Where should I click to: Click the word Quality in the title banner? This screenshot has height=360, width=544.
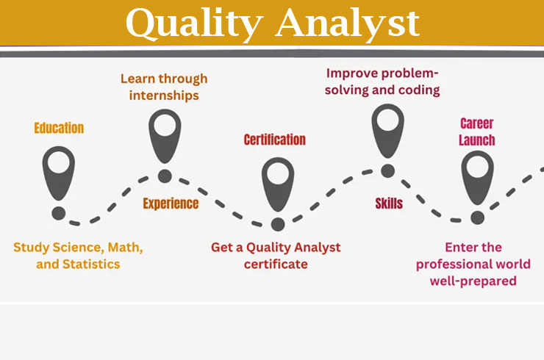tap(194, 24)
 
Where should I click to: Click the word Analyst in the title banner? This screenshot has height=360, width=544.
tap(348, 24)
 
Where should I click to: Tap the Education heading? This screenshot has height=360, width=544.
tap(59, 128)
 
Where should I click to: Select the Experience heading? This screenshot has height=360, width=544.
tap(171, 204)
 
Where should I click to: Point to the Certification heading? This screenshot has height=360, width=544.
tap(275, 140)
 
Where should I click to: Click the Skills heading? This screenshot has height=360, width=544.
tap(389, 204)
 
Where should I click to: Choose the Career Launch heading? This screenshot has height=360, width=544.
tap(477, 132)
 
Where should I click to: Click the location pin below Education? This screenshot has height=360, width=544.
tap(59, 173)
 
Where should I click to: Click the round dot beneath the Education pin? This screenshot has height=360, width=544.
tap(59, 213)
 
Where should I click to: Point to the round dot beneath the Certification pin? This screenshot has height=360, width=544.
tap(278, 224)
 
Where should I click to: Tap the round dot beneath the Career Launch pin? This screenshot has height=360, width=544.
tap(477, 217)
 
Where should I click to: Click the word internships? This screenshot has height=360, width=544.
tap(164, 96)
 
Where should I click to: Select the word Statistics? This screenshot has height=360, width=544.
tap(91, 264)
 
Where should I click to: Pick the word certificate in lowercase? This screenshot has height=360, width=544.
tap(276, 264)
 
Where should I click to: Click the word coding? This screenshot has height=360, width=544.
tap(419, 91)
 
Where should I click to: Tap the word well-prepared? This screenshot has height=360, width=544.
tap(473, 281)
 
